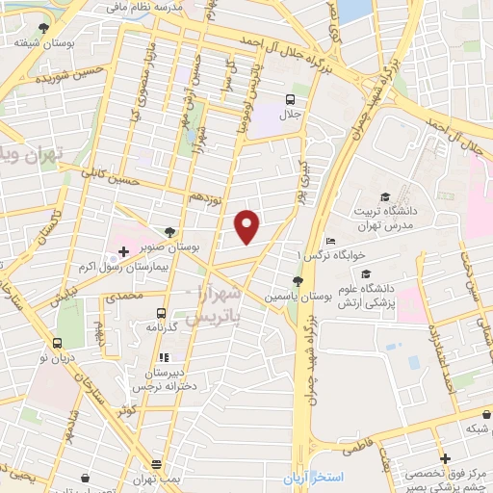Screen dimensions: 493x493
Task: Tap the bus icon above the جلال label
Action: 290,100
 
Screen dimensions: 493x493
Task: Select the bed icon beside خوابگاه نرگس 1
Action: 330,241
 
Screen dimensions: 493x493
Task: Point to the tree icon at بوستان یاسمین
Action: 297,281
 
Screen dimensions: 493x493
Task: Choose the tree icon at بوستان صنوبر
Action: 170,231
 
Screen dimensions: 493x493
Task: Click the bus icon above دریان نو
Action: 57,342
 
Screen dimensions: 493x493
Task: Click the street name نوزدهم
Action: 205,196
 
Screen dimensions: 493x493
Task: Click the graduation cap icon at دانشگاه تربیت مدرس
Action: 386,197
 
